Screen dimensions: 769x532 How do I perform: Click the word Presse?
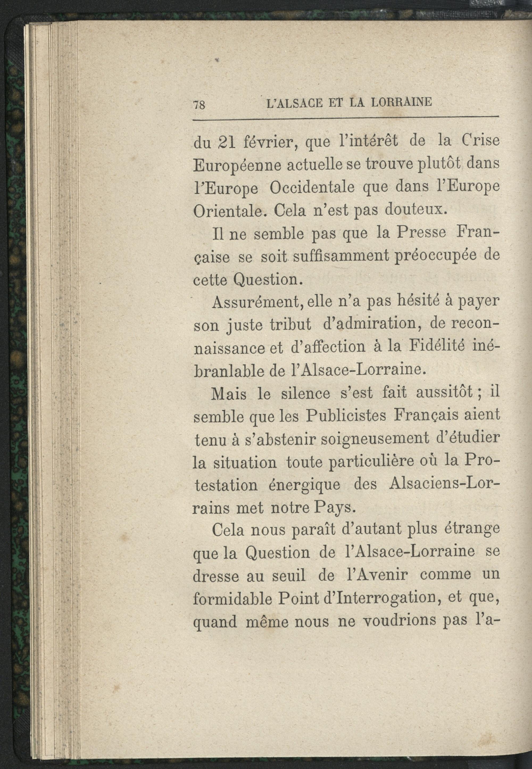[421, 233]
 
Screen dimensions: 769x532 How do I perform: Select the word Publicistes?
[346, 416]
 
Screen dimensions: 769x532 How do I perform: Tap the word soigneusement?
[375, 439]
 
